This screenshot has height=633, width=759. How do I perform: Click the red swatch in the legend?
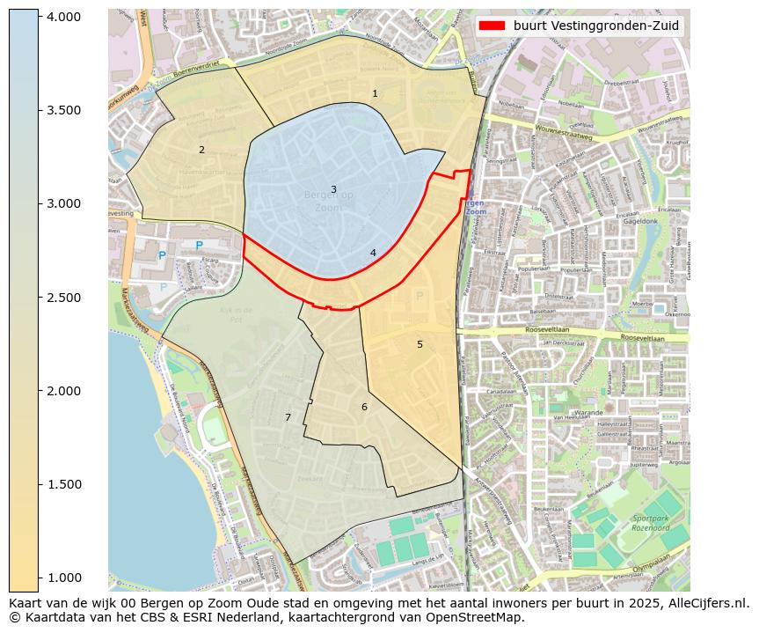[x=493, y=26]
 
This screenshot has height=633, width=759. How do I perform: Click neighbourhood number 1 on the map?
[x=375, y=93]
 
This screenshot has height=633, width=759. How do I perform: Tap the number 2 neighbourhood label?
[x=201, y=150]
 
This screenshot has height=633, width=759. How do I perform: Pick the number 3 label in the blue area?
[x=333, y=189]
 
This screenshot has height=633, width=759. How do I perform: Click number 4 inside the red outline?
[x=373, y=253]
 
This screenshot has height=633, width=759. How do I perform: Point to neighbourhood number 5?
[x=420, y=344]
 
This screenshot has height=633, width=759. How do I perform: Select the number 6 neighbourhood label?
[x=364, y=407]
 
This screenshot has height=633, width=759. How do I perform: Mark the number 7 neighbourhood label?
[x=288, y=417]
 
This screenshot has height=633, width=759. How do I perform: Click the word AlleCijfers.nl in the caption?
[x=704, y=603]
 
